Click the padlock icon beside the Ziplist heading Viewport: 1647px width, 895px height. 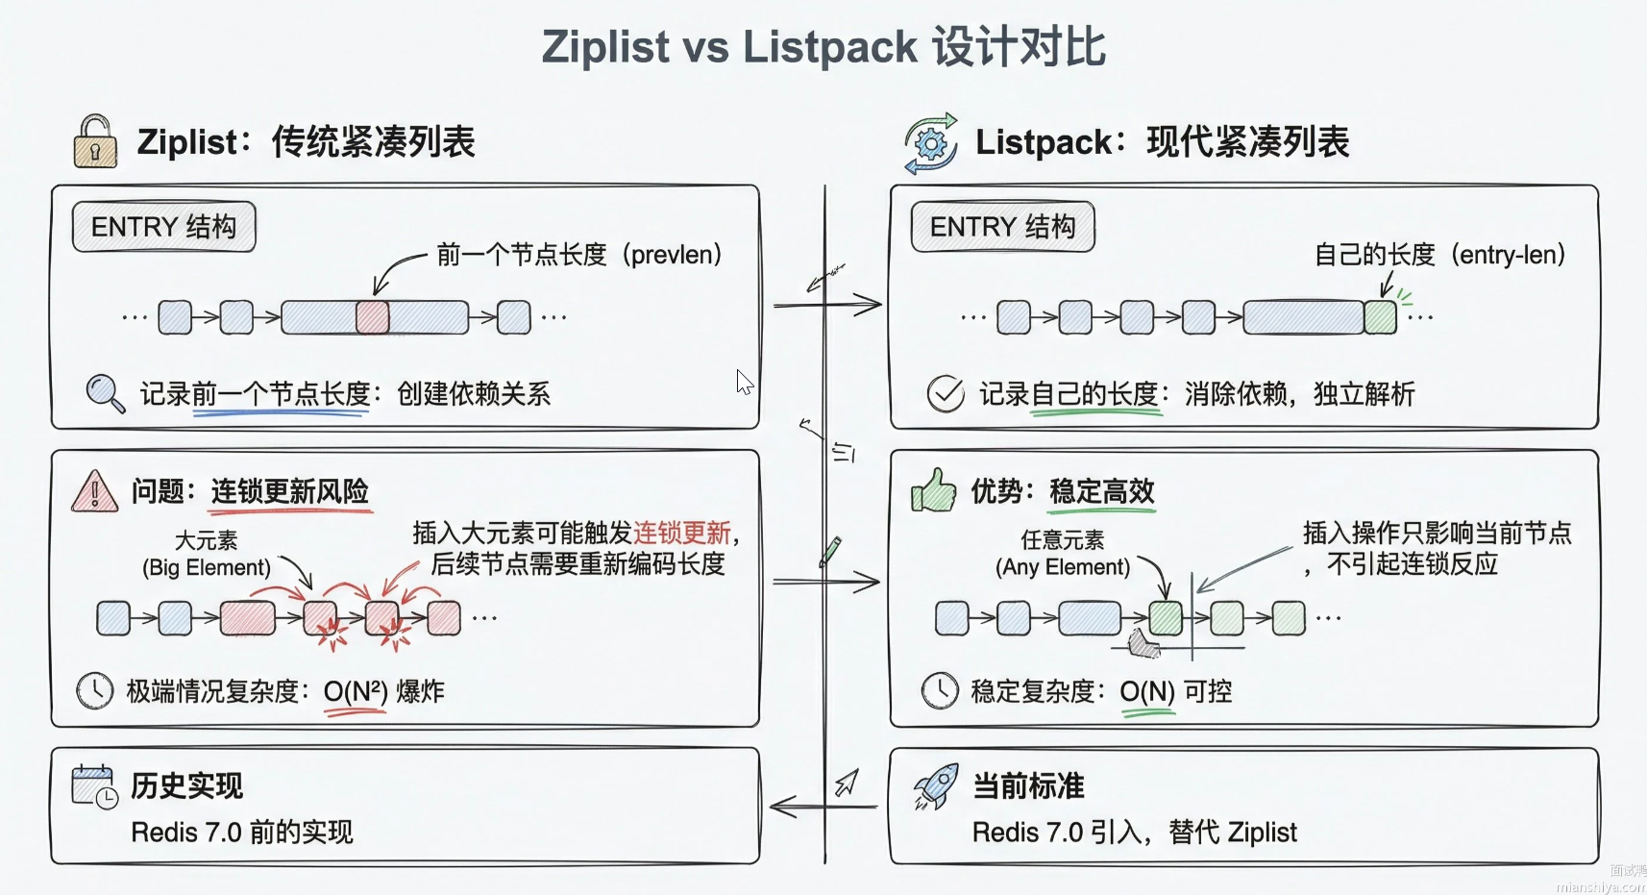click(95, 142)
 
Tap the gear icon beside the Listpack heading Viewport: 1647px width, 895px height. click(930, 144)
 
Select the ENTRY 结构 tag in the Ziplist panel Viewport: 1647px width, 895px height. click(163, 227)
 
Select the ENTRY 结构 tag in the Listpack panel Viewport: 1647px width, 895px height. click(1002, 227)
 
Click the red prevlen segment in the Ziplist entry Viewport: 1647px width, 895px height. click(373, 317)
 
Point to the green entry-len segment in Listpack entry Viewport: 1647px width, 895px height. click(1380, 317)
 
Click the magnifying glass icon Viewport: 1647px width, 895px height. click(105, 393)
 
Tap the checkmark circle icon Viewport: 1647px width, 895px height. click(945, 393)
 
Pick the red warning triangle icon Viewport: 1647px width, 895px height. click(94, 490)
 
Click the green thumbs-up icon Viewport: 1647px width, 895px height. click(933, 490)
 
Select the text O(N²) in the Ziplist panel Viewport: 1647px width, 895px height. click(356, 691)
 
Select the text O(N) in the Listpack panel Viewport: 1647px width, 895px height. click(1146, 691)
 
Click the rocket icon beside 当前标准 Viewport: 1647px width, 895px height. click(936, 786)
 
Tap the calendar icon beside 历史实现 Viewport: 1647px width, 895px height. click(94, 786)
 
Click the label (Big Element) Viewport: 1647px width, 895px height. click(207, 567)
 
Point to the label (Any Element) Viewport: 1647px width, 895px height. click(1063, 567)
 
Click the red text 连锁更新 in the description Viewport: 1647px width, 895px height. click(681, 533)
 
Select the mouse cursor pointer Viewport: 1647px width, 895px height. click(744, 382)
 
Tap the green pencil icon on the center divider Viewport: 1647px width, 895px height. click(830, 551)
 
